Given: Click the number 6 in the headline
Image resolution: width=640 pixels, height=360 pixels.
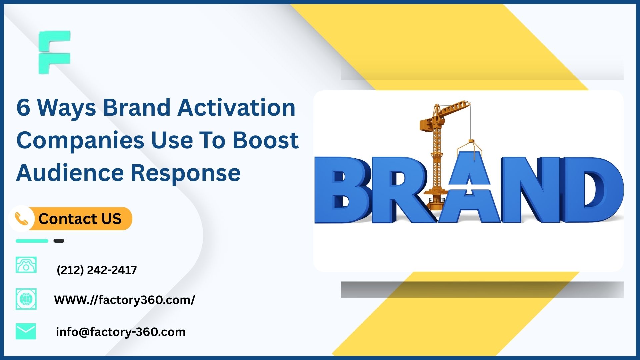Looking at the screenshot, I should pyautogui.click(x=23, y=107).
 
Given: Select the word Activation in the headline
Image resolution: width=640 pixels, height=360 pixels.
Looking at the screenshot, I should pyautogui.click(x=236, y=107).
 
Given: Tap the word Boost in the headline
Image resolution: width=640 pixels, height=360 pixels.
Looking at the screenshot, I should pyautogui.click(x=265, y=140).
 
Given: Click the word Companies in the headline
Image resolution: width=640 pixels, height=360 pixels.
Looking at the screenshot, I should pyautogui.click(x=80, y=140).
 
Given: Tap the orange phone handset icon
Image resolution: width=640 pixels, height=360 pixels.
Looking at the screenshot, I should pyautogui.click(x=22, y=219).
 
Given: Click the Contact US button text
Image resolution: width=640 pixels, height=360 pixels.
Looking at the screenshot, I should pyautogui.click(x=80, y=219).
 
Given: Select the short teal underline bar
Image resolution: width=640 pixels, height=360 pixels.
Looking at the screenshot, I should pyautogui.click(x=32, y=241).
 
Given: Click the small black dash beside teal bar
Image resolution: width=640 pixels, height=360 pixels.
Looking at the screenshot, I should pyautogui.click(x=59, y=241).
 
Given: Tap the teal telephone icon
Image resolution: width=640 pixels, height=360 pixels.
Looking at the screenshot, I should pyautogui.click(x=26, y=265).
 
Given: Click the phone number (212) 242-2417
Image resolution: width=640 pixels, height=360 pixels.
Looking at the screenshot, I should pyautogui.click(x=97, y=270).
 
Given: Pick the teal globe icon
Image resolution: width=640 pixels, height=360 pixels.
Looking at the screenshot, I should pyautogui.click(x=26, y=299).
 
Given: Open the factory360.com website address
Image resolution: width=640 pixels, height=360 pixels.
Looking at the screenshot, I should pyautogui.click(x=124, y=300).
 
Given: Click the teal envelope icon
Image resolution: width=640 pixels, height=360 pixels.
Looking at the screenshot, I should pyautogui.click(x=26, y=331).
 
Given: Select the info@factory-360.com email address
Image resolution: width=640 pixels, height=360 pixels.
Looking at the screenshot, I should pyautogui.click(x=121, y=332).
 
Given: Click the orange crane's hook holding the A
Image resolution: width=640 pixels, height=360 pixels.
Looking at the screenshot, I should pyautogui.click(x=471, y=145).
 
